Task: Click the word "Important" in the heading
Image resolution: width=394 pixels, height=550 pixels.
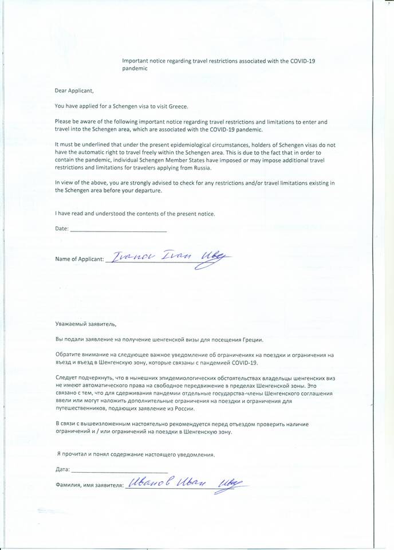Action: [136, 60]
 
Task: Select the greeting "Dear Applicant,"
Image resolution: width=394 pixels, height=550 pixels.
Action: [74, 91]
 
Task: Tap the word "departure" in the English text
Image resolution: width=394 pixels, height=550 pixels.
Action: [146, 191]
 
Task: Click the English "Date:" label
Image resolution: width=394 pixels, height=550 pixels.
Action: [61, 229]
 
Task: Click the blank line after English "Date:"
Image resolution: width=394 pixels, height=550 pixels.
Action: [118, 230]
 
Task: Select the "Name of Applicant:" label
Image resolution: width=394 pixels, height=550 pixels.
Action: [80, 259]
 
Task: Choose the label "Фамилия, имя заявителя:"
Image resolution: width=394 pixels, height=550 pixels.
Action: [89, 485]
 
